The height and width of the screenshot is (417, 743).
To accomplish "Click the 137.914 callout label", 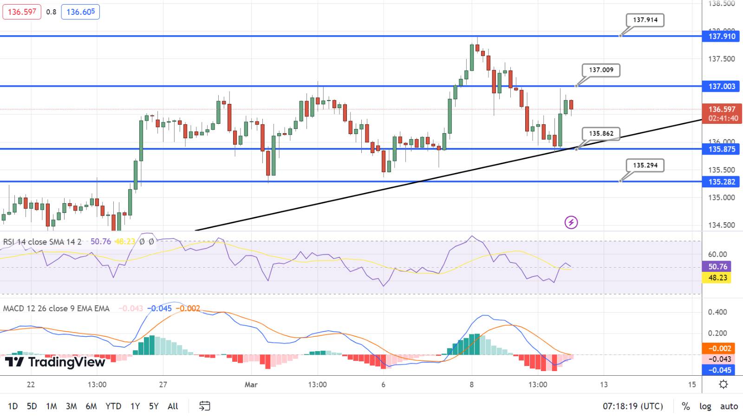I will pos(645,20).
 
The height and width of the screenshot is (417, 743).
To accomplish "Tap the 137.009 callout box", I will pos(601,70).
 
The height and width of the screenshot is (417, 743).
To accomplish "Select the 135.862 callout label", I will pos(601,134).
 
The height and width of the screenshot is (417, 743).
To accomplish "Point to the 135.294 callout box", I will pos(645,165).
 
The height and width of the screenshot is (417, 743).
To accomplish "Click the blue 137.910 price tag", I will pos(722,36).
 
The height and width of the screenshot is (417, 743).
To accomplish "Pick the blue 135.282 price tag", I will pos(722,182).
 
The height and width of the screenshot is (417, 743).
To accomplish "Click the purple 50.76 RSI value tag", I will pos(717,267).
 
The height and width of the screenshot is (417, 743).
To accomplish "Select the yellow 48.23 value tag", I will pos(717,278).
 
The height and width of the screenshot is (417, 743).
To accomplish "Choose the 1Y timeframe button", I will pos(135,406).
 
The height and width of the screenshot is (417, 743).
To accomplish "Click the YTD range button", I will pos(113,406).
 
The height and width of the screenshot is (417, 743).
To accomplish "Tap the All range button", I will pos(173,406).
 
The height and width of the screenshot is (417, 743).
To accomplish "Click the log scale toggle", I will pos(705,406).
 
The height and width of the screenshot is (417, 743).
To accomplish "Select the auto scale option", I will pos(729,406).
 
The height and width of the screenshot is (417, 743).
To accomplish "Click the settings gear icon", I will pos(723,385).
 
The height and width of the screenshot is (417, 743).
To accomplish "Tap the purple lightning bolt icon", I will pos(571,223).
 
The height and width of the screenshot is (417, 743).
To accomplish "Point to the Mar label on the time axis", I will pos(251,385).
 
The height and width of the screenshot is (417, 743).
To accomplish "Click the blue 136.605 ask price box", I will pos(80,12).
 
